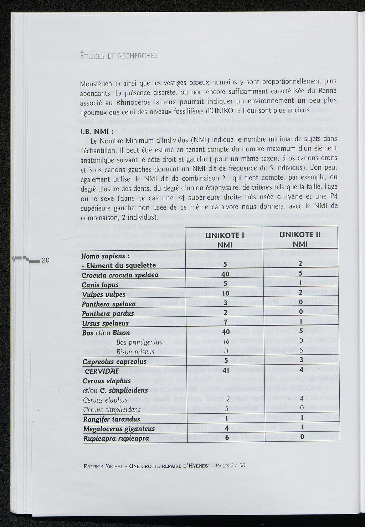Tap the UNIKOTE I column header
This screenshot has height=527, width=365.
point(225,235)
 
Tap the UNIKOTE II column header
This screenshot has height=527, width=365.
point(301,235)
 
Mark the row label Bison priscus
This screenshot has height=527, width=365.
point(135,352)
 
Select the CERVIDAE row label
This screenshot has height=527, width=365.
point(104,371)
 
